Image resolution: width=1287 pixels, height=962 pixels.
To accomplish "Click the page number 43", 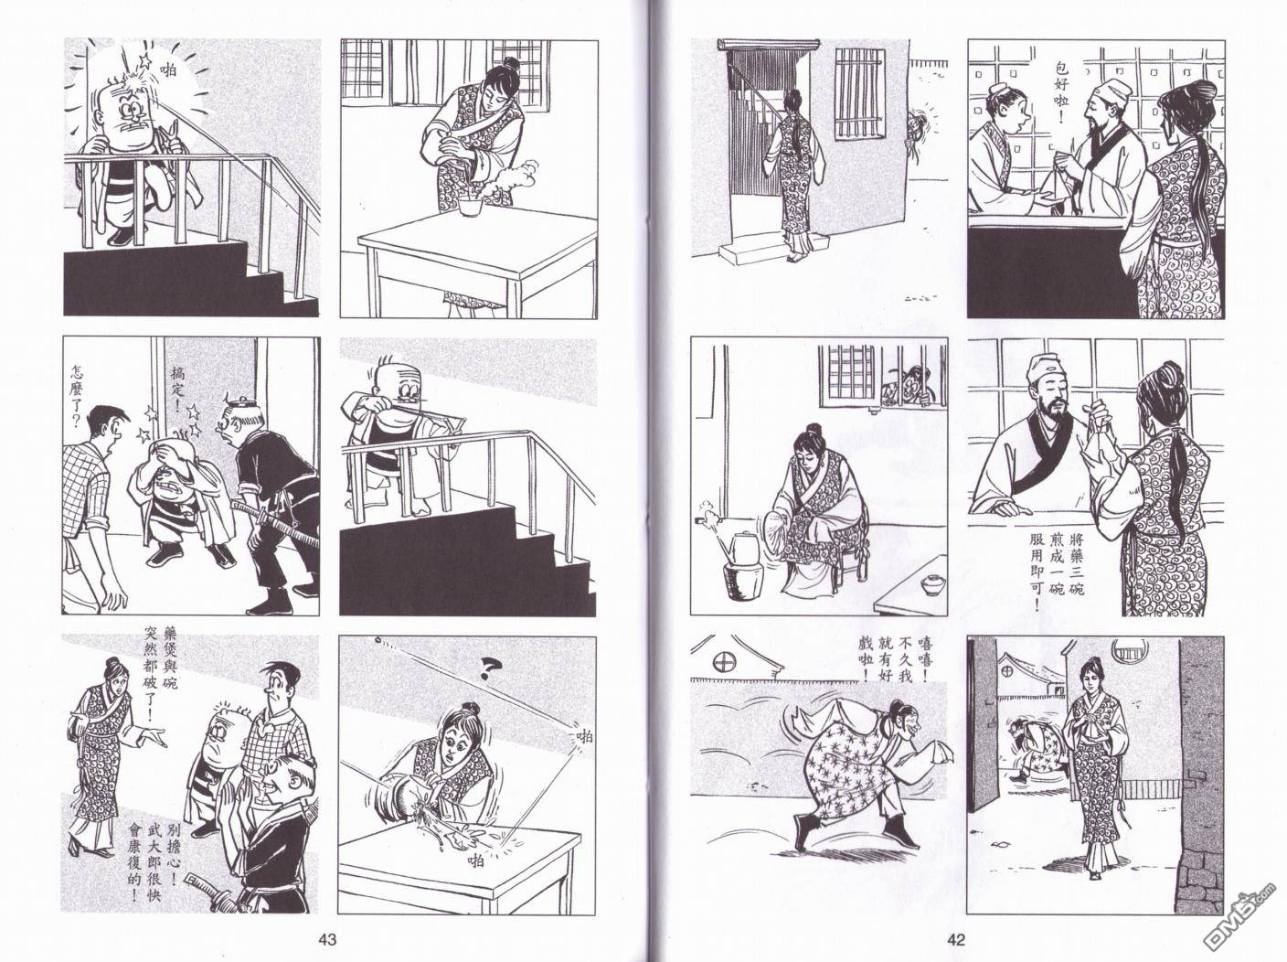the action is point(327,940).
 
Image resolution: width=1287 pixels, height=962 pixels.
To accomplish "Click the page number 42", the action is point(956,940).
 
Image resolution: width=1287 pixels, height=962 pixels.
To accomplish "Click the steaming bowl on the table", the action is point(469,207).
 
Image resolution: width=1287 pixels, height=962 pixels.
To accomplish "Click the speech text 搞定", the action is point(177,387).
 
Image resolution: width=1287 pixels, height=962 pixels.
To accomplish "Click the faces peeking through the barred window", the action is point(903,387).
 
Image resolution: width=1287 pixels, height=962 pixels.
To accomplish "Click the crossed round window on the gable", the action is point(725,662).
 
